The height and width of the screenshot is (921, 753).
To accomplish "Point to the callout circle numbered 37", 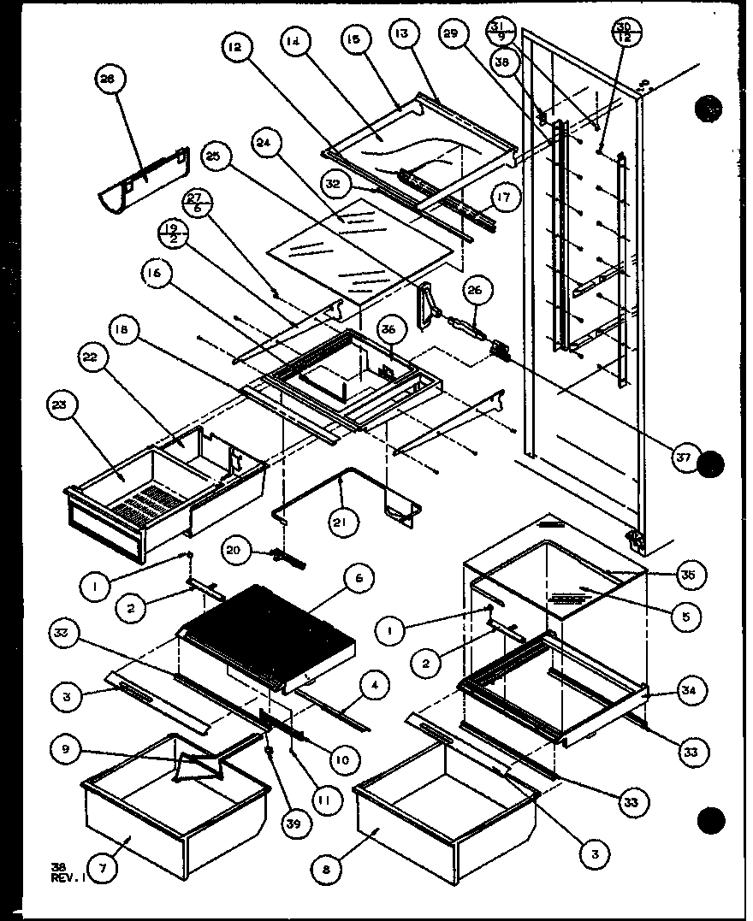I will coord(683,458).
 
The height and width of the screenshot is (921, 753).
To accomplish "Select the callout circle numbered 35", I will coord(689,575).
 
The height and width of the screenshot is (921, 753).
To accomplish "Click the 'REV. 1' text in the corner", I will coord(65,878).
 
